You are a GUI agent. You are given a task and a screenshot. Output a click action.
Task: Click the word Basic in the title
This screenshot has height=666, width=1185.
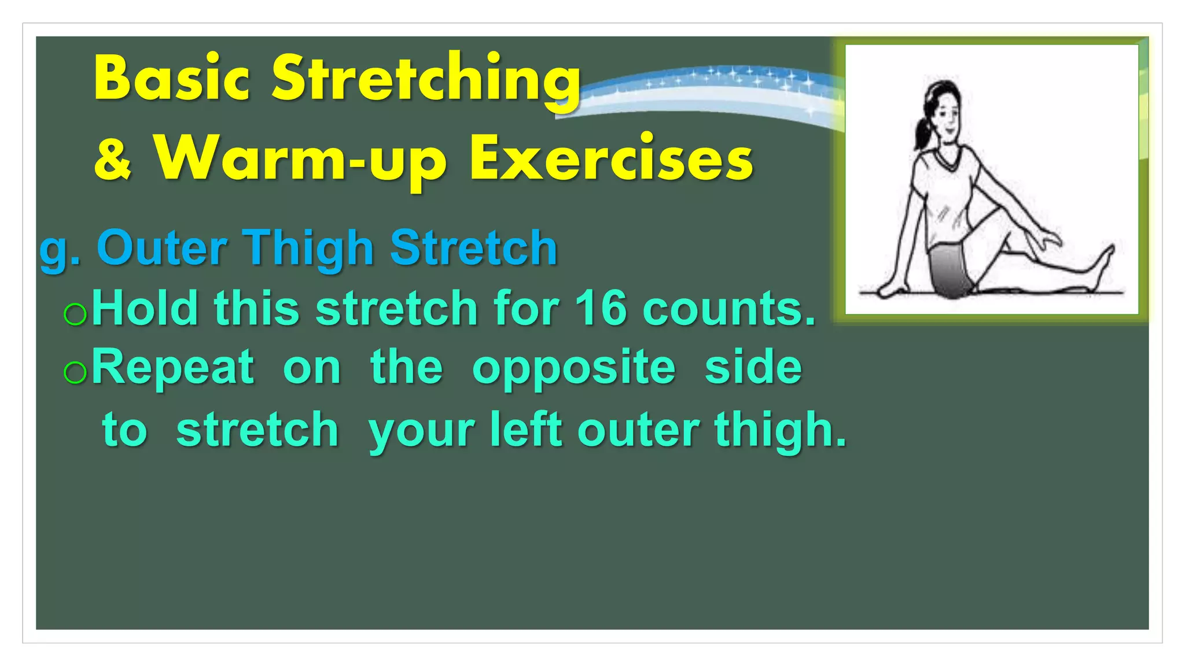(x=172, y=79)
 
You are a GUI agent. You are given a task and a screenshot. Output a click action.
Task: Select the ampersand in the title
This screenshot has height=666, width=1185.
(x=113, y=159)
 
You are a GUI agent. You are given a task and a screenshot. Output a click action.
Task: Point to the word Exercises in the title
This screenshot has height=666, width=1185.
(x=611, y=159)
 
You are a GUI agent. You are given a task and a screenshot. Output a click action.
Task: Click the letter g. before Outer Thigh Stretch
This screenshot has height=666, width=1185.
(x=59, y=249)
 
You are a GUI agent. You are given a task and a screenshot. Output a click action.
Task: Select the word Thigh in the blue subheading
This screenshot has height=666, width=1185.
(x=308, y=248)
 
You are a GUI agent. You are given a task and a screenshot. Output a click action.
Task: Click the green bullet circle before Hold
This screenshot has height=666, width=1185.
(x=75, y=314)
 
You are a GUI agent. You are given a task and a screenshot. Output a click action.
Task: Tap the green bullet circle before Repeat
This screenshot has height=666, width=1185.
(x=75, y=373)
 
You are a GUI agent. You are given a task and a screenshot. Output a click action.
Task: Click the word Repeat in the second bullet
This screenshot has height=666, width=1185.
(x=172, y=368)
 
